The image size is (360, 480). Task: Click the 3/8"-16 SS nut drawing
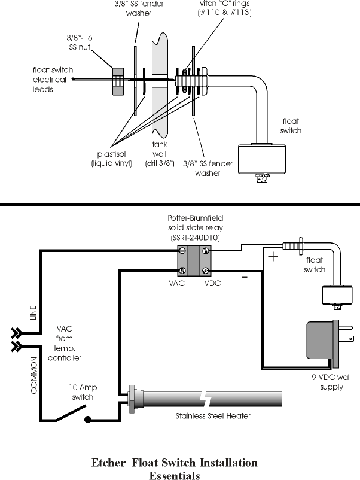(x=118, y=81)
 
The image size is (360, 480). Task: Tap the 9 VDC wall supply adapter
(x=330, y=344)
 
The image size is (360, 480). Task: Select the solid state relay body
(x=194, y=261)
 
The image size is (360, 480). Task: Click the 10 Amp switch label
(x=83, y=392)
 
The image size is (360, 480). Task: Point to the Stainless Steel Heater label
(x=213, y=416)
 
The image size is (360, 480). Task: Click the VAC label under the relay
(x=176, y=283)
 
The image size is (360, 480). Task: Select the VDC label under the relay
(x=212, y=283)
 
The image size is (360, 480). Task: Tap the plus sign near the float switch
(x=273, y=256)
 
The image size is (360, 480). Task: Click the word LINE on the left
(x=33, y=312)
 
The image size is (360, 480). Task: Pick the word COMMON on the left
(x=33, y=376)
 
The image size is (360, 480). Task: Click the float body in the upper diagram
(x=262, y=159)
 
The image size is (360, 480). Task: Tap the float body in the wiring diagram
(x=337, y=295)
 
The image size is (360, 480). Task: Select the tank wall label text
(x=160, y=154)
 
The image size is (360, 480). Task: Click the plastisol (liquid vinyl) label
(x=112, y=159)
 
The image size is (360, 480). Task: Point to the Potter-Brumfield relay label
(x=196, y=228)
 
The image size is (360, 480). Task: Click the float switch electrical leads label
(x=53, y=80)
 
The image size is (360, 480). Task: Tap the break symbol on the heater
(x=203, y=399)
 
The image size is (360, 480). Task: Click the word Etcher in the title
(x=109, y=463)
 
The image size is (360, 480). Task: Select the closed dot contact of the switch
(x=88, y=420)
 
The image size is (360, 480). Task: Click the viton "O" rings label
(x=225, y=8)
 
